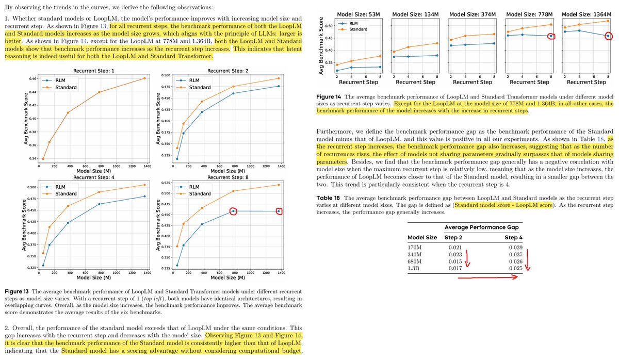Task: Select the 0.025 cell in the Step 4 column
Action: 516,268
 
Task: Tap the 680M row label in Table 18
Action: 415,261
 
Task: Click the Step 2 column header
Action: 453,237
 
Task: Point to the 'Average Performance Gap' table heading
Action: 481,227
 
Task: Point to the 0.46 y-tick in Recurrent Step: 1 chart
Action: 32,79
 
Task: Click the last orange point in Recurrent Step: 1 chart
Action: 144,78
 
